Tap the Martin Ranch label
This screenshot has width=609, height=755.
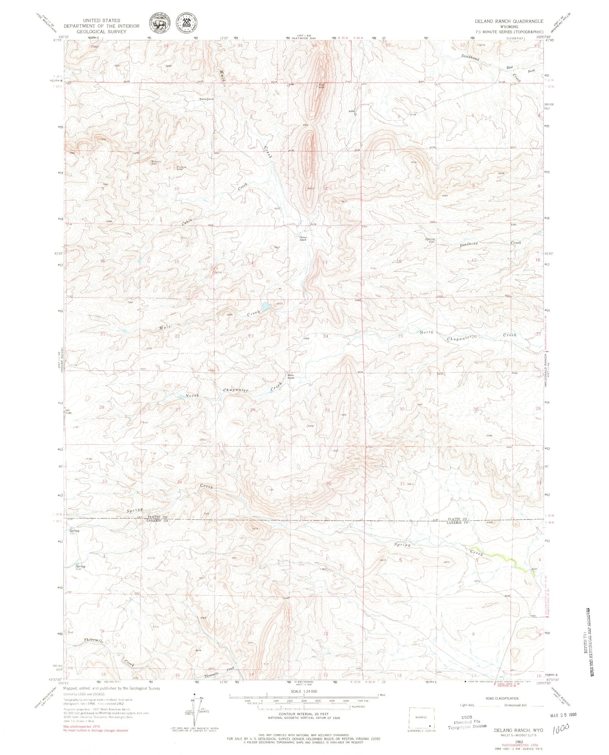point(207,99)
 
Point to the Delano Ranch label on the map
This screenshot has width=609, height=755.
point(303,238)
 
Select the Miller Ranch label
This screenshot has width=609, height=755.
point(291,377)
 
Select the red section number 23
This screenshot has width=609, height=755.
point(251,335)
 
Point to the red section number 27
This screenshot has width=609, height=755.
point(178,409)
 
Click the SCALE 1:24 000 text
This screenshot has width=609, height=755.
point(303,691)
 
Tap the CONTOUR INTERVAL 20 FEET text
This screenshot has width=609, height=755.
point(303,713)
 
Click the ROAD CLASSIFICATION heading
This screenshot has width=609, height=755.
point(502,699)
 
